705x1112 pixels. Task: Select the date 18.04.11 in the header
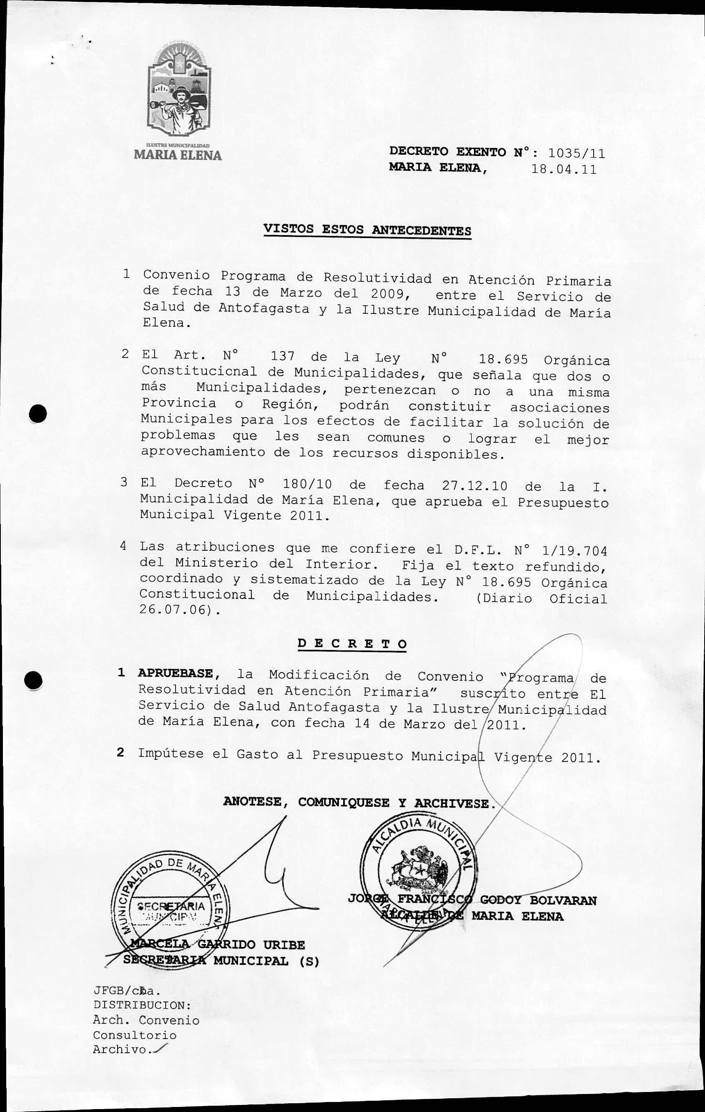coord(564,169)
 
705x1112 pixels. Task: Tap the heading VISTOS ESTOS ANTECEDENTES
coord(367,230)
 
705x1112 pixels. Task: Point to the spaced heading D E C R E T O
coord(352,644)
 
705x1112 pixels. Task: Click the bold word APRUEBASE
coord(176,673)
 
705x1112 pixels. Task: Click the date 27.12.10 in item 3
coord(474,486)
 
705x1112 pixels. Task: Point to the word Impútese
coord(171,754)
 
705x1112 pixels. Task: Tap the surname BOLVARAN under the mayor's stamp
coord(563,901)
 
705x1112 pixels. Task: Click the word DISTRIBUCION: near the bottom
coord(142,1005)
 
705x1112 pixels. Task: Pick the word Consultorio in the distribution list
coord(134,1035)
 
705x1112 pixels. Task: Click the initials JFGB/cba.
coord(126,990)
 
